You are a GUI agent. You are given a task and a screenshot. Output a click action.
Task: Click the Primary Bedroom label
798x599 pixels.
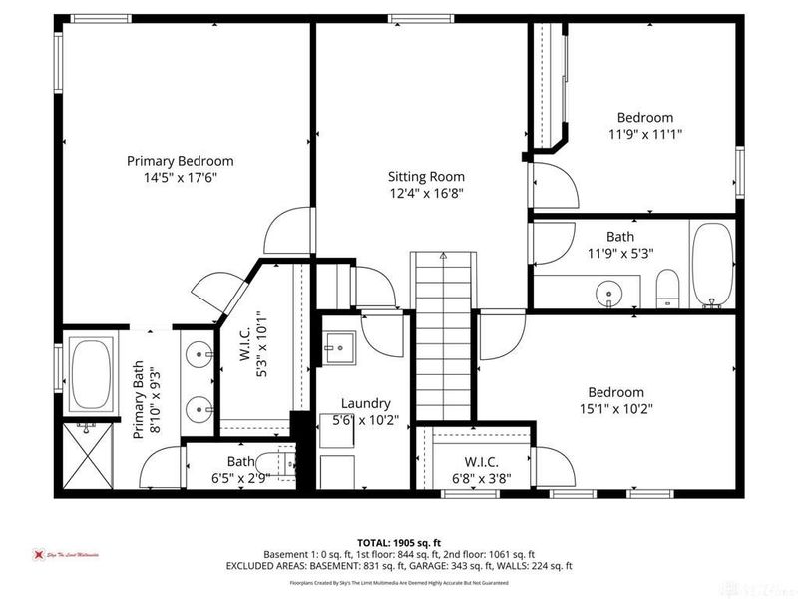click(180, 161)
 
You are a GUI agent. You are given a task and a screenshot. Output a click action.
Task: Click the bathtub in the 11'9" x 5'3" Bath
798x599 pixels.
click(712, 265)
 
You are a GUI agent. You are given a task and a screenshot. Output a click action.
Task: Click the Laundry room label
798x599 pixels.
click(364, 403)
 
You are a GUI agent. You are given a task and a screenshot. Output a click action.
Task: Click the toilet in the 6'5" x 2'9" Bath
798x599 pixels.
click(287, 461)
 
